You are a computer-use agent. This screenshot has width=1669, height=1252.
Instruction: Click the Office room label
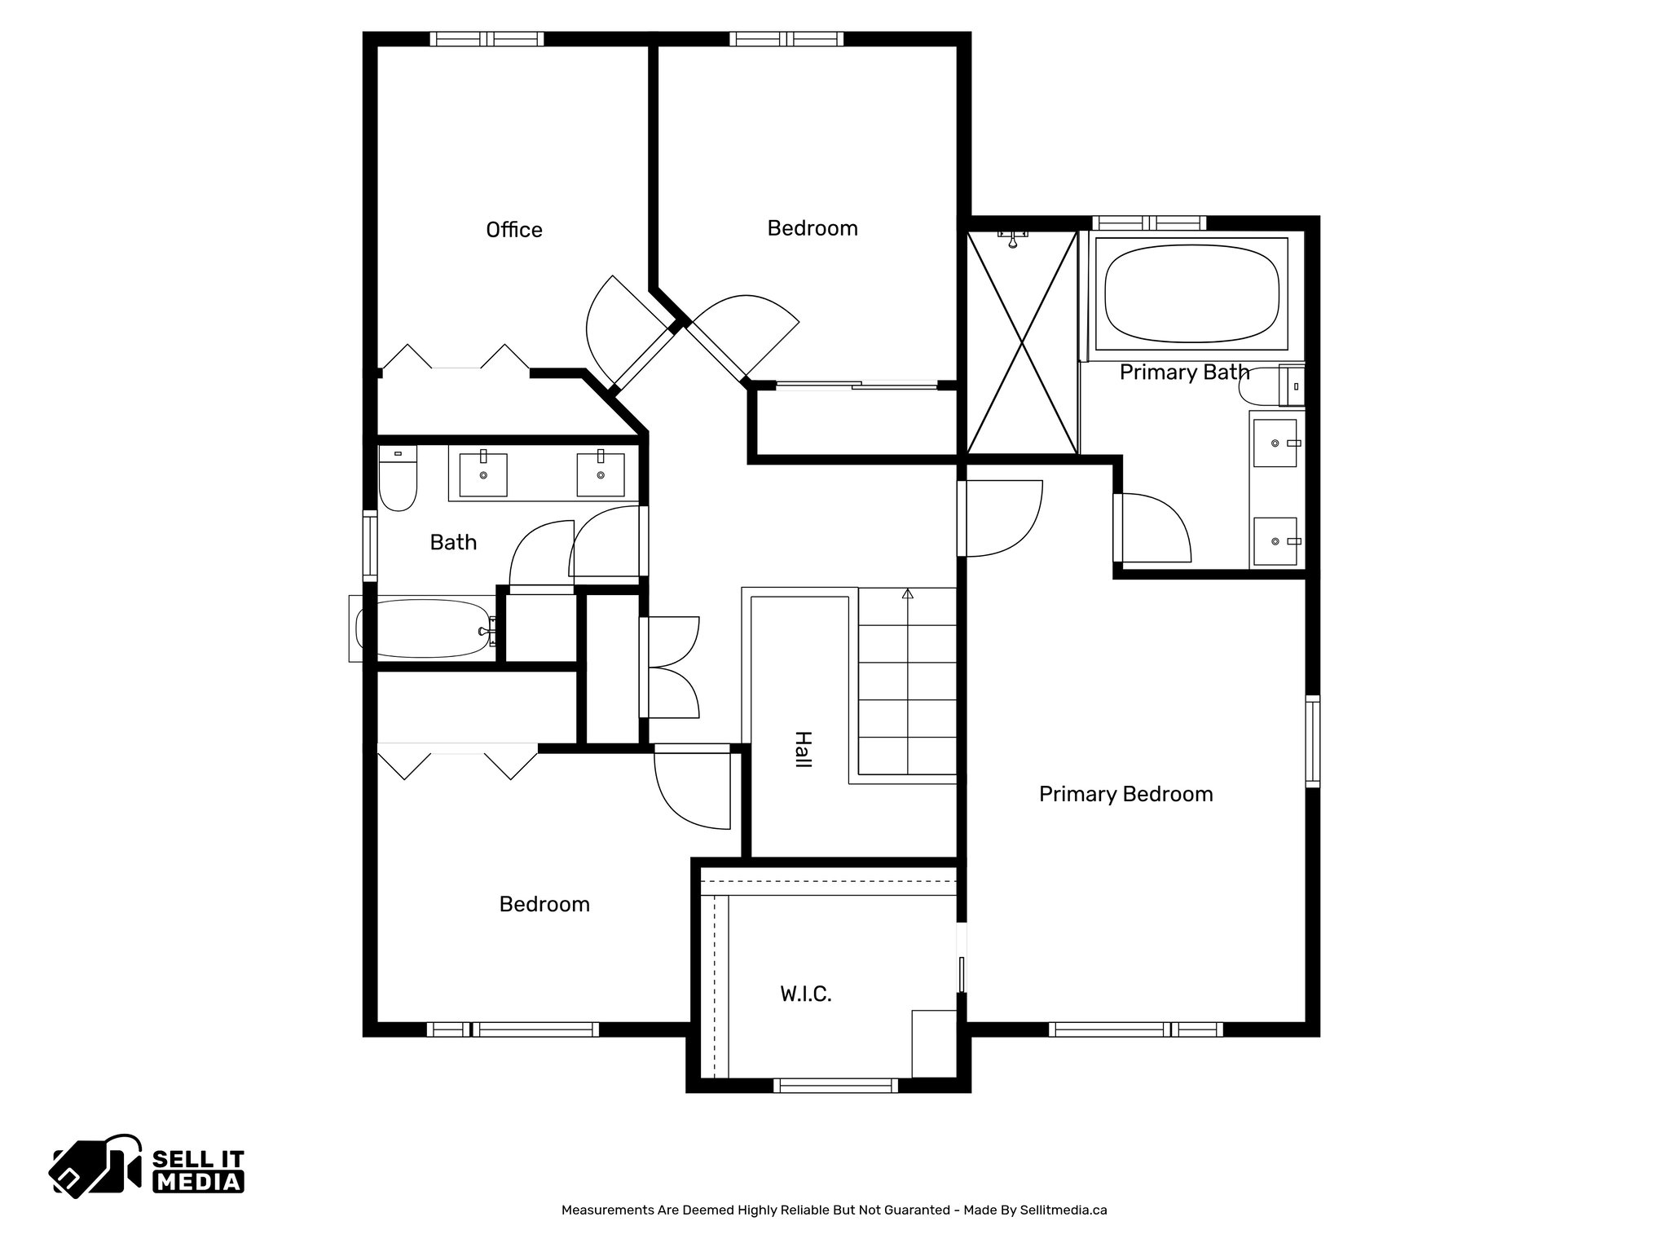tap(513, 230)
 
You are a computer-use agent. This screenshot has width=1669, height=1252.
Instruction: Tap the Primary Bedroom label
tap(1125, 794)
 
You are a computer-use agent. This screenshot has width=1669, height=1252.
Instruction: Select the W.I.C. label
tap(805, 994)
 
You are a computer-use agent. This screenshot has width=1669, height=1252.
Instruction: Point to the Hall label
tap(803, 749)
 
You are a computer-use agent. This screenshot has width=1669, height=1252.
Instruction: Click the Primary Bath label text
tap(1183, 373)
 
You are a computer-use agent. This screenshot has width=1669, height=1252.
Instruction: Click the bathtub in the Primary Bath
tap(1191, 294)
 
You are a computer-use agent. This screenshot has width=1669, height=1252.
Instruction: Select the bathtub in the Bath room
tap(424, 628)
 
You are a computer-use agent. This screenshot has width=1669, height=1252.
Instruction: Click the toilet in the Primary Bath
tap(1271, 386)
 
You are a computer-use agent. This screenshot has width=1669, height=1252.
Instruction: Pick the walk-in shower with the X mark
tap(1021, 342)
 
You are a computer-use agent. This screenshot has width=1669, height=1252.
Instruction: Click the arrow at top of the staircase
tap(907, 593)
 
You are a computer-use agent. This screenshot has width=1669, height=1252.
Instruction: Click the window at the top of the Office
tap(487, 38)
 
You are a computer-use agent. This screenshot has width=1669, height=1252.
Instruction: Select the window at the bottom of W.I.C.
tap(834, 1085)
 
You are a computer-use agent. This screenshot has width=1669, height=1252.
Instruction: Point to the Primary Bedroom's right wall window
tap(1312, 741)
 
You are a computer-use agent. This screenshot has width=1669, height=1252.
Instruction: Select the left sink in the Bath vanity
tap(483, 475)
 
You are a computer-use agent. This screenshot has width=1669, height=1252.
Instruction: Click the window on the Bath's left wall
tap(370, 545)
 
